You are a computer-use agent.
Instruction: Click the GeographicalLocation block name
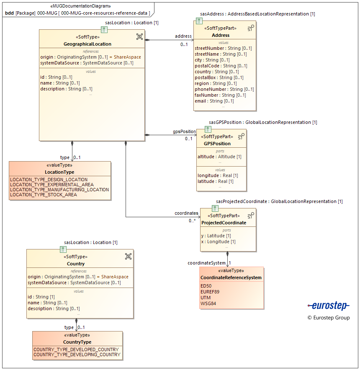pyautogui.click(x=87, y=44)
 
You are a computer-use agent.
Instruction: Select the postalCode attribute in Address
pyautogui.click(x=221, y=66)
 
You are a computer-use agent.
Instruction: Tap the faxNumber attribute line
pyautogui.click(x=220, y=95)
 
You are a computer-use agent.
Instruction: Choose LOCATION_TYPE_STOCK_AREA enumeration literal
pyautogui.click(x=44, y=195)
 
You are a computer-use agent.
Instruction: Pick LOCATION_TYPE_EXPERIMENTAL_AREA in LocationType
pyautogui.click(x=52, y=185)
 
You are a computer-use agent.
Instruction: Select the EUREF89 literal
pyautogui.click(x=210, y=292)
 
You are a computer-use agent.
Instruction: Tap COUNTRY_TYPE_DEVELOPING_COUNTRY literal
pyautogui.click(x=77, y=355)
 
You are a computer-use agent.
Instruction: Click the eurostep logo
pyautogui.click(x=328, y=306)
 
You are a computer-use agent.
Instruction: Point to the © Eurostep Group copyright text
pyautogui.click(x=328, y=318)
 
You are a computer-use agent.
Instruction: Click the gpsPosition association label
pyautogui.click(x=184, y=131)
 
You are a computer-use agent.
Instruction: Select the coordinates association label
pyautogui.click(x=186, y=213)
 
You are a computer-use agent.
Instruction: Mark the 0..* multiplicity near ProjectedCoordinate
pyautogui.click(x=192, y=221)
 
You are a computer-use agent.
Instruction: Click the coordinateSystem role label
pyautogui.click(x=206, y=263)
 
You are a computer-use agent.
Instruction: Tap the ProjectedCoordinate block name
pyautogui.click(x=224, y=223)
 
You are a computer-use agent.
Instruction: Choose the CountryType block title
pyautogui.click(x=77, y=342)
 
